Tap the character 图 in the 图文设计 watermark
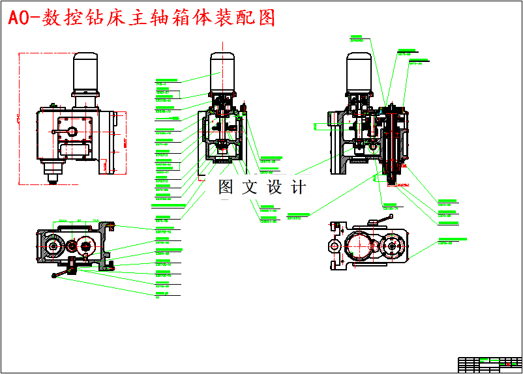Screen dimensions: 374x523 [x=226, y=187]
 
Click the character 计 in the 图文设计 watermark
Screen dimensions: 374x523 [x=299, y=187]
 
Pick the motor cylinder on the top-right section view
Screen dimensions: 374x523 [x=359, y=71]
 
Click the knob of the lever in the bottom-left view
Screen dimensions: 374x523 [x=53, y=277]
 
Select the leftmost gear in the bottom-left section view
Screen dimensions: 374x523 [x=53, y=248]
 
